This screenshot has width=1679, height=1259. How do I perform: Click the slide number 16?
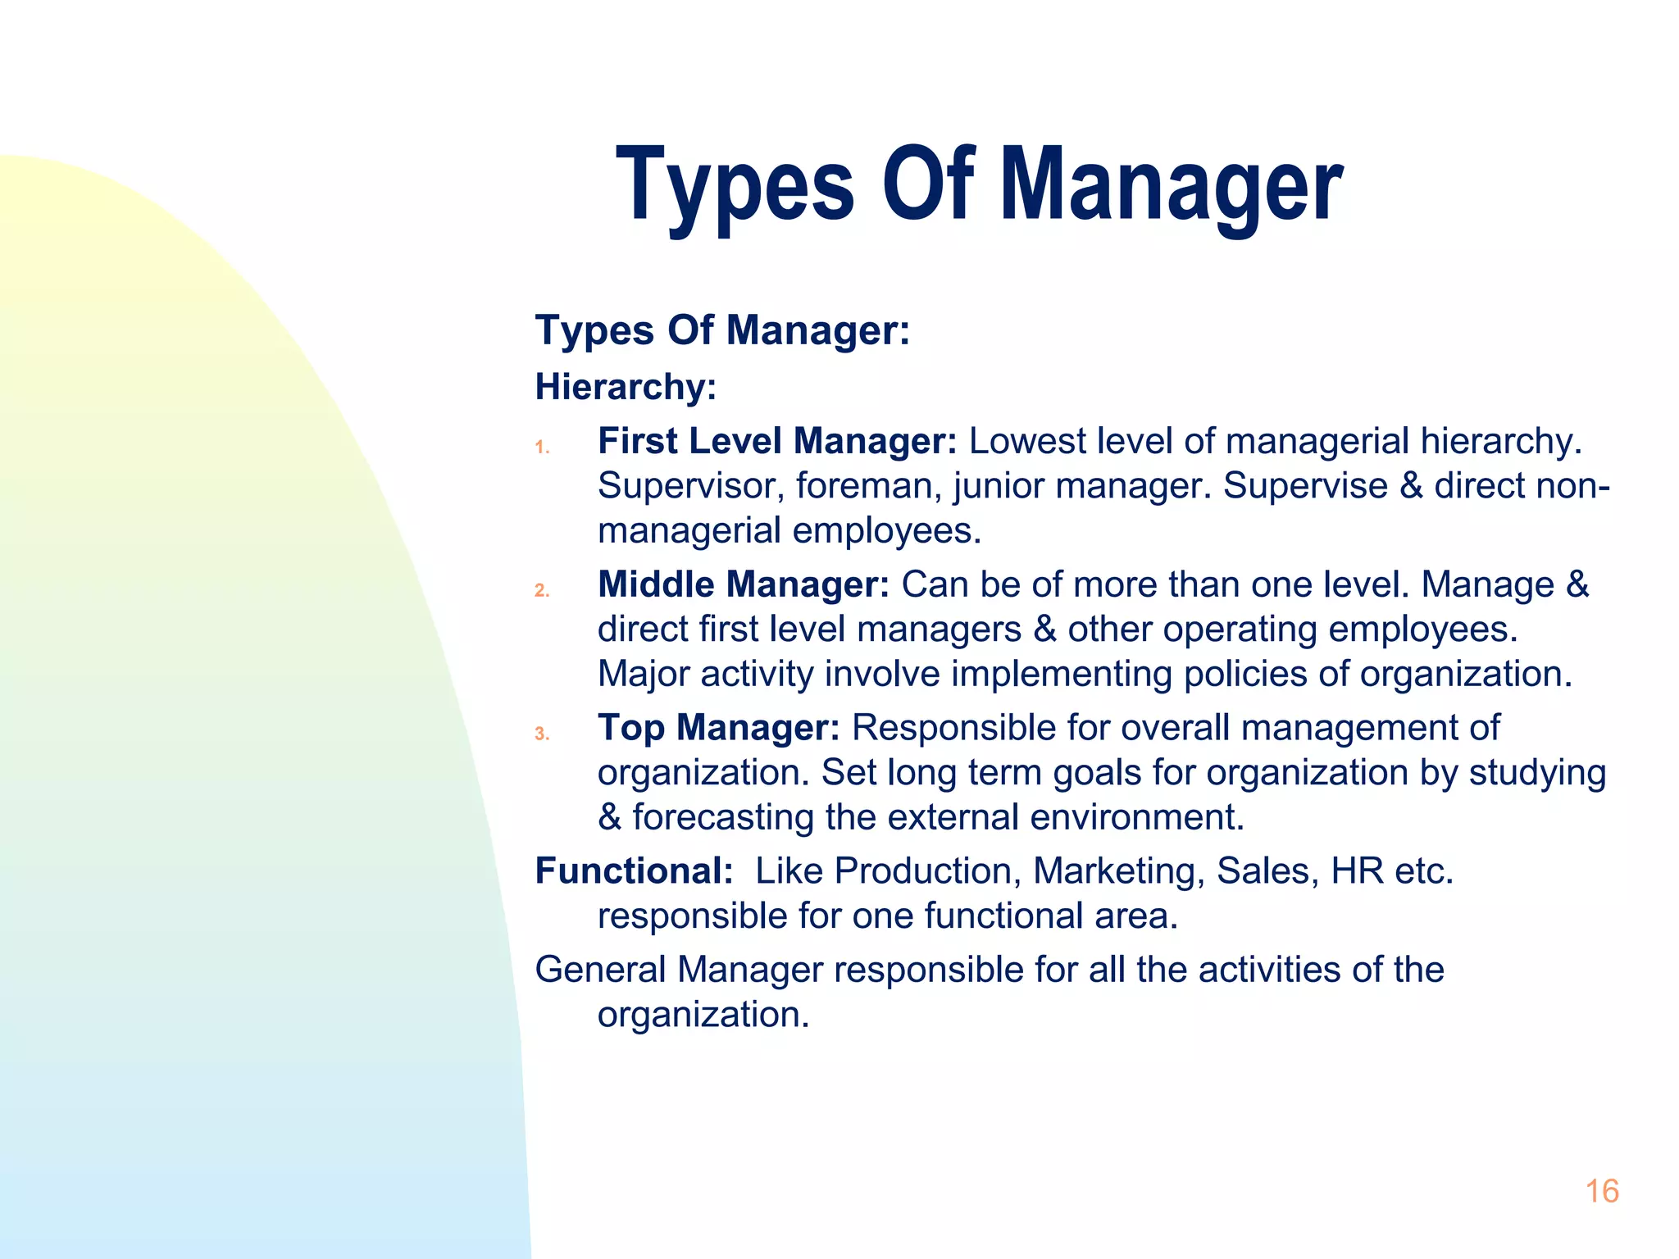[x=1602, y=1191]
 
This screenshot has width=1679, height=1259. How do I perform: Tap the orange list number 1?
[x=541, y=448]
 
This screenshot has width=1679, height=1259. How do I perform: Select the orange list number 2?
[x=542, y=590]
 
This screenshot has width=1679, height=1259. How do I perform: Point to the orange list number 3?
[x=542, y=734]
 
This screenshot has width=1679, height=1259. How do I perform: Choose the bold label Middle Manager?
[x=743, y=584]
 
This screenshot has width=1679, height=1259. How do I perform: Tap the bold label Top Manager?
[x=718, y=728]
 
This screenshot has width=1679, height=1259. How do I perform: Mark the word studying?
[x=1536, y=773]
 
